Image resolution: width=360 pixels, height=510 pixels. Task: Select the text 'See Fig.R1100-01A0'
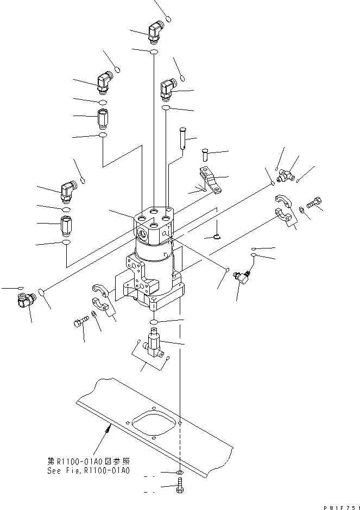pos(89,470)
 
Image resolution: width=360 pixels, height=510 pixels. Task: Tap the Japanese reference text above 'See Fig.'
pos(89,461)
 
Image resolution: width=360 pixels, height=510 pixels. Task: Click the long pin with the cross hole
pos(185,138)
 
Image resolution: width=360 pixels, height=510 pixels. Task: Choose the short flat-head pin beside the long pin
pos(205,154)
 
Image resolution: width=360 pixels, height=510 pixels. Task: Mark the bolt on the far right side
pos(314,203)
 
